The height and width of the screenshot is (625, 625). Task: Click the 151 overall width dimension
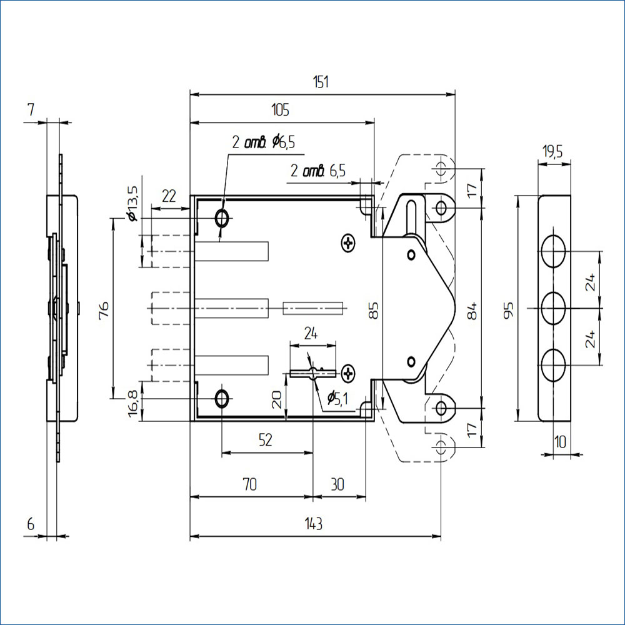[322, 82]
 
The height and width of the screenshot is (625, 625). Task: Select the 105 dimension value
[280, 111]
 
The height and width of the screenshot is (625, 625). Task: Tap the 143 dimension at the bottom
[314, 524]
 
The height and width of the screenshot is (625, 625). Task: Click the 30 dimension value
[337, 484]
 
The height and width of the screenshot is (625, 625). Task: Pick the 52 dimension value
[266, 440]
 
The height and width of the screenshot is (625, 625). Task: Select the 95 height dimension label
[509, 309]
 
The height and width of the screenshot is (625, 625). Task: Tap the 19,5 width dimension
[553, 151]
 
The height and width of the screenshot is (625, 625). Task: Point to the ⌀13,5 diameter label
[132, 202]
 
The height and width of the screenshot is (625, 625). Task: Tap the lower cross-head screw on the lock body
[348, 373]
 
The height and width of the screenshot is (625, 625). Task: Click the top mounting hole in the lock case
[222, 218]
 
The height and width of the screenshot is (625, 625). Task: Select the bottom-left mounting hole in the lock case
[222, 397]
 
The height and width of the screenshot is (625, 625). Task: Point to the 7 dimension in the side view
[31, 110]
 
